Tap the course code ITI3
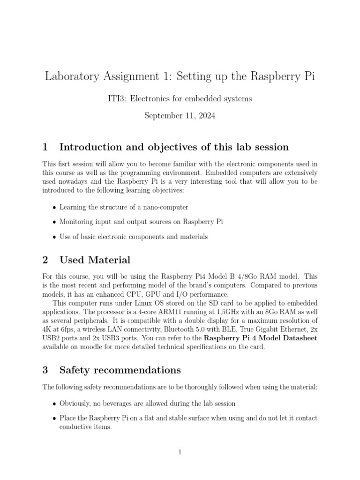tap(117, 98)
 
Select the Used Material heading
tap(95, 260)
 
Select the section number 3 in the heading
tap(45, 370)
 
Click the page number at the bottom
tap(180, 452)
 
